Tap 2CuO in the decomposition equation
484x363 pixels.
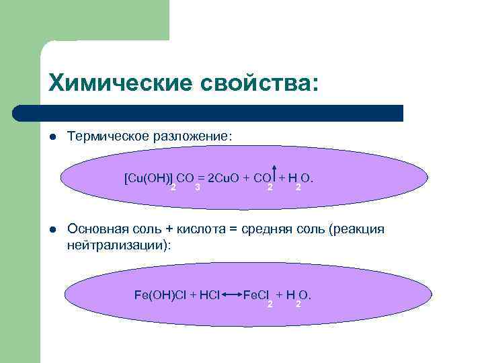[x=223, y=178]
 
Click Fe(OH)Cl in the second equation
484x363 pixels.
[x=160, y=294]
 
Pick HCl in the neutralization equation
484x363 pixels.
[x=209, y=294]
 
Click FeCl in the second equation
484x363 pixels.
[x=255, y=294]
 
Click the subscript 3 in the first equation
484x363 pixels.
[x=196, y=186]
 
